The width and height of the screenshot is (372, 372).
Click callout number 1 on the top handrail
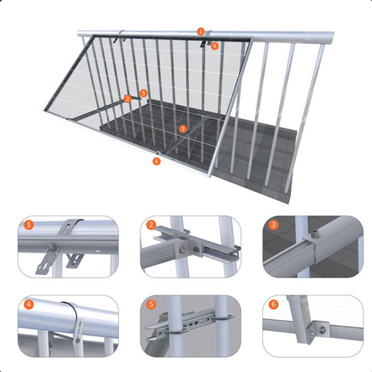click(201, 31)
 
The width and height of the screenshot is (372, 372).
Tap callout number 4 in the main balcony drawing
click(215, 46)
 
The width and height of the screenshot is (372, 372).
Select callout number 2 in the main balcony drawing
click(127, 99)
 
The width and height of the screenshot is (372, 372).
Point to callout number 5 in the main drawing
click(144, 93)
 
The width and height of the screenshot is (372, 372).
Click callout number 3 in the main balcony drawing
click(183, 129)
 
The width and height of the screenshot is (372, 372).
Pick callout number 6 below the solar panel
click(156, 161)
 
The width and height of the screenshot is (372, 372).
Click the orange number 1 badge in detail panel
click(29, 225)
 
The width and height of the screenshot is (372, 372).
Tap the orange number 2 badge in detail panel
click(151, 225)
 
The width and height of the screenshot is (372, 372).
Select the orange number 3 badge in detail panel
click(273, 225)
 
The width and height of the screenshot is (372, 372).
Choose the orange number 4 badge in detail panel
click(29, 304)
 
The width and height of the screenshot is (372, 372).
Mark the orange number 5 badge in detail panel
click(151, 304)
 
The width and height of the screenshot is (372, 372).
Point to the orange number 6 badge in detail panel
click(274, 304)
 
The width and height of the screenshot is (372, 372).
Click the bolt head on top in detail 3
click(315, 234)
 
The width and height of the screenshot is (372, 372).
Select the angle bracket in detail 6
click(318, 331)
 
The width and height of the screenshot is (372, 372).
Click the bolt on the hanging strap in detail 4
click(77, 341)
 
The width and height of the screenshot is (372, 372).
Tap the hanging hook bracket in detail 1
click(47, 260)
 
